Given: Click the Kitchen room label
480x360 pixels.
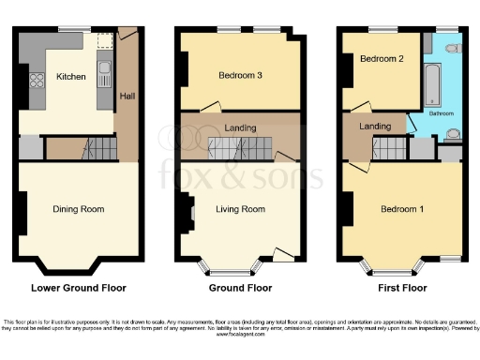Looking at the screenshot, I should tap(71, 77).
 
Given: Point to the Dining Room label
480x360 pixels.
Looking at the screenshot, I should tap(78, 209).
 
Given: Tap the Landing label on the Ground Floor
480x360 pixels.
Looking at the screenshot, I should tap(241, 126).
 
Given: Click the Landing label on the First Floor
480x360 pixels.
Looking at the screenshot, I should tap(375, 127).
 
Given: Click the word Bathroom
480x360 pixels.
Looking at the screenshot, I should tap(442, 112).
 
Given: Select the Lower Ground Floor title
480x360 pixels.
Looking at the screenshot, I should tap(79, 288).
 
